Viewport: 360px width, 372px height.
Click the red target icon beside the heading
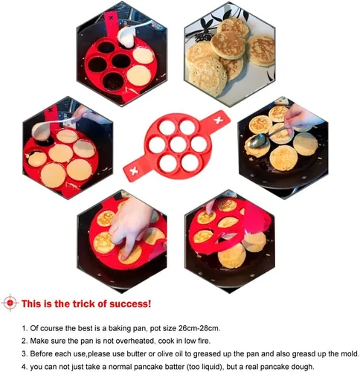(x=10, y=303)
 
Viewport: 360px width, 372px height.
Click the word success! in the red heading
(x=130, y=304)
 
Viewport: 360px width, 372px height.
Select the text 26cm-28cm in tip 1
(x=199, y=328)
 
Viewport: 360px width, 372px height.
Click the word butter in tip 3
(x=136, y=353)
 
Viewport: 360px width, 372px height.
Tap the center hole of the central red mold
(x=178, y=144)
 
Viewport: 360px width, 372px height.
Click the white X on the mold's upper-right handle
(x=219, y=121)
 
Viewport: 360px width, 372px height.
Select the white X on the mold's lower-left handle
(x=134, y=171)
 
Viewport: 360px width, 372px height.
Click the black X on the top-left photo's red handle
(x=111, y=18)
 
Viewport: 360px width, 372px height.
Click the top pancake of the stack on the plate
(x=228, y=45)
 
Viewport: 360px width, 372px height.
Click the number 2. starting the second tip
(x=25, y=341)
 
